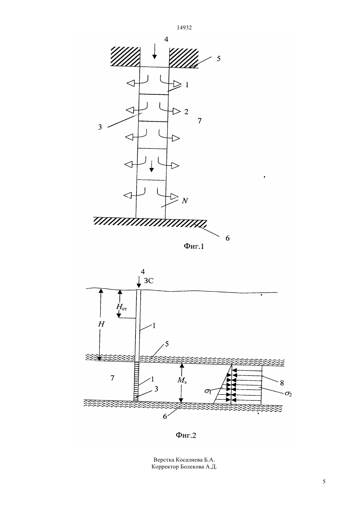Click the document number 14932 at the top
coord(184,28)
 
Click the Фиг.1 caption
coord(194,246)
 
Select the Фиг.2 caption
coord(186,435)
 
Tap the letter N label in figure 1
coord(185,201)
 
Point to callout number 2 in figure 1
coord(186,112)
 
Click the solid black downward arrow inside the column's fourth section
coord(151,166)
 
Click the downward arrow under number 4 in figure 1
coord(154,51)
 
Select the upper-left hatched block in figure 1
coord(125,56)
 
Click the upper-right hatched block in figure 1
coord(184,58)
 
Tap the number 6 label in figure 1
coord(227,238)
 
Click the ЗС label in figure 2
coord(149,281)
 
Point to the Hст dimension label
coord(122,307)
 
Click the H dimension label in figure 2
coord(101,324)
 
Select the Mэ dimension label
coord(182,380)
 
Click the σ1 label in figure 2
coord(208,391)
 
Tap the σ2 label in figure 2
coord(288,394)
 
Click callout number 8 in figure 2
coord(282,383)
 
